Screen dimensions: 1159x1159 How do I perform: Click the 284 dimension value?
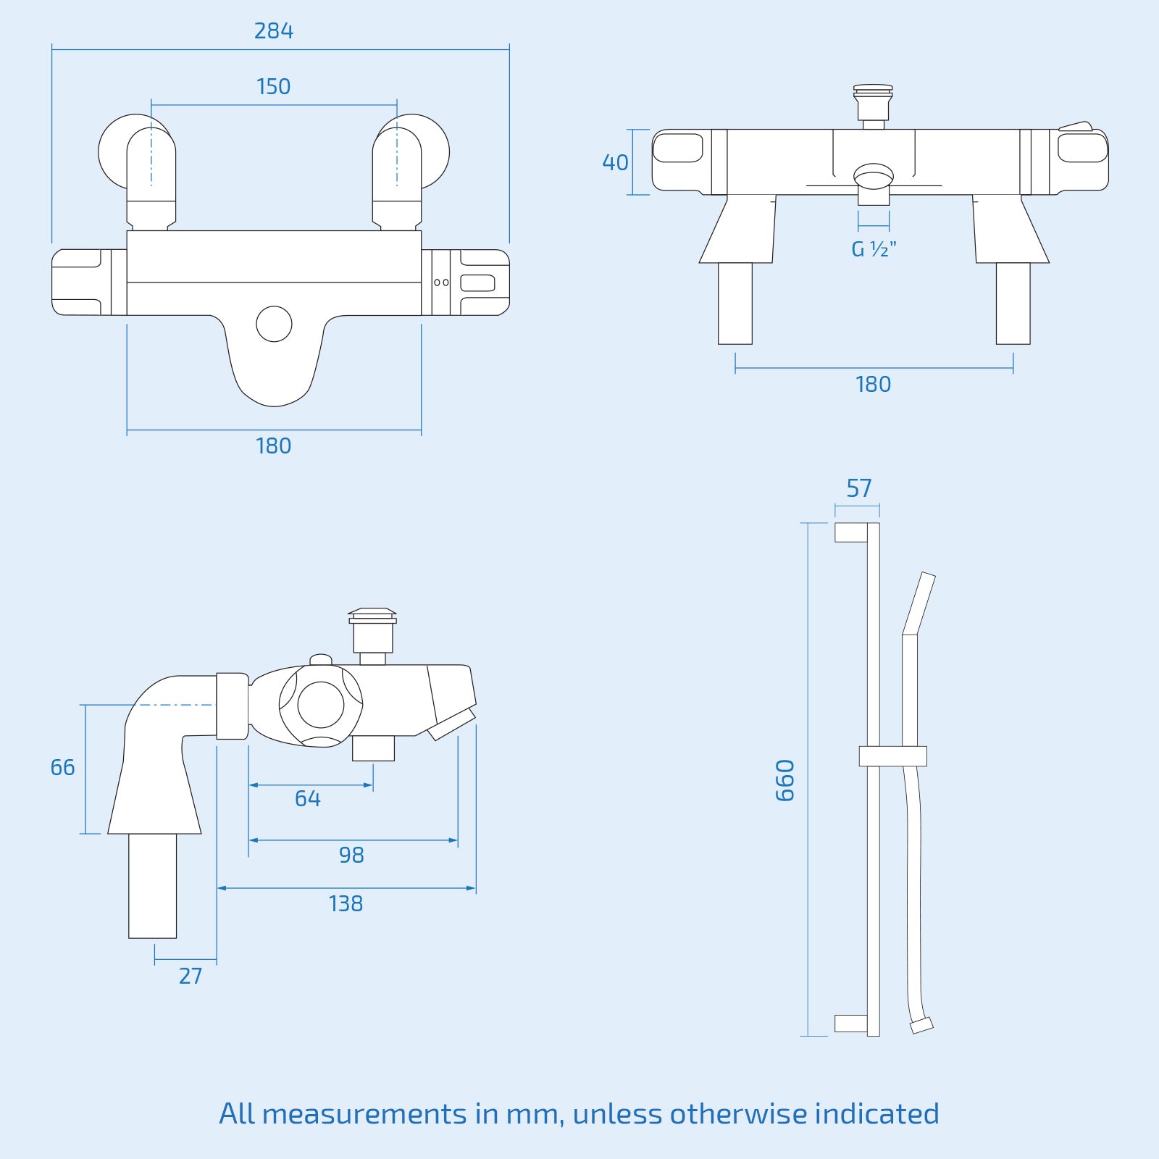click(273, 31)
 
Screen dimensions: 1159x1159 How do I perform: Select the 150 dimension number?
click(273, 87)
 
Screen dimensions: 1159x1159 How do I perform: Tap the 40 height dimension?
click(615, 163)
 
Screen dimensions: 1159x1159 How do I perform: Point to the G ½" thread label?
click(874, 250)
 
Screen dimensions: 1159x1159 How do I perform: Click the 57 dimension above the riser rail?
click(858, 489)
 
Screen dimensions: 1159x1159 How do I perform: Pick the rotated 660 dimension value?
click(785, 780)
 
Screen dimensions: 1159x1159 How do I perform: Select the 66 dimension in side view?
click(62, 768)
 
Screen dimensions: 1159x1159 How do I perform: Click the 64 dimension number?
click(307, 799)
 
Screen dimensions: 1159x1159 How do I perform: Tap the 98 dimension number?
click(351, 855)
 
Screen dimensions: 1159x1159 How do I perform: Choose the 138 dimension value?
click(346, 904)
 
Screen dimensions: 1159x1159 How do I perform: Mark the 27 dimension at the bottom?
click(190, 976)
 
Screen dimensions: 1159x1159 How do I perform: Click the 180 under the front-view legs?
click(873, 385)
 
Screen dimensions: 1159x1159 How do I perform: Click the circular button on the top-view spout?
click(274, 324)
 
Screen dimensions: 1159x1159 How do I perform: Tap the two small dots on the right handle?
click(441, 283)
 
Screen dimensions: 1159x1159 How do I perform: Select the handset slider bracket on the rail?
click(892, 756)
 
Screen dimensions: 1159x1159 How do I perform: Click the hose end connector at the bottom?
click(921, 1025)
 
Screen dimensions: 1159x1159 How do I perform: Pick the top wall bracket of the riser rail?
click(851, 532)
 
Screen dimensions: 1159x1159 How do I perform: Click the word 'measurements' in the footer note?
click(364, 1114)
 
